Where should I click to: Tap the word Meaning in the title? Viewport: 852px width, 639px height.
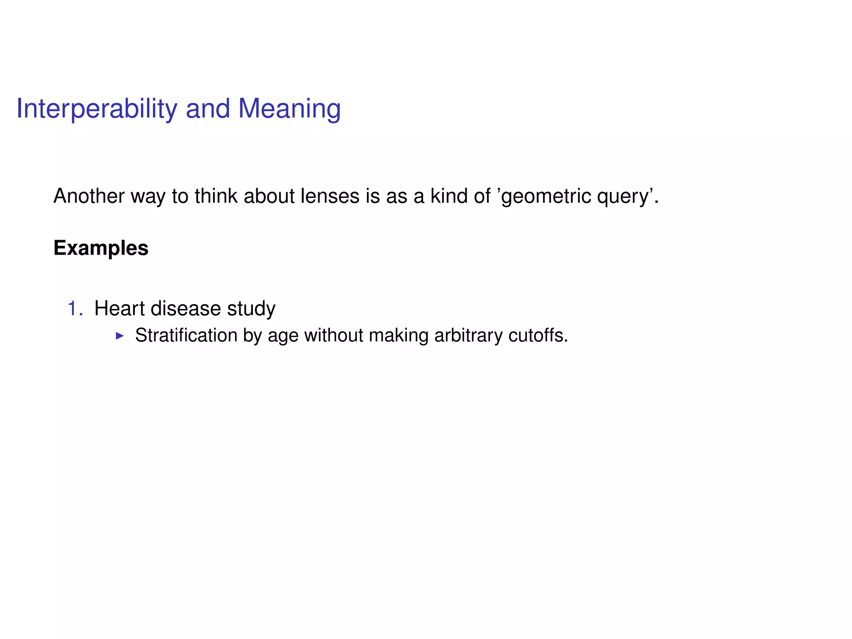tap(289, 109)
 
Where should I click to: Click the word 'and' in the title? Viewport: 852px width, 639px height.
tap(208, 109)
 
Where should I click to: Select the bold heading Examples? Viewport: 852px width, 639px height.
tap(101, 248)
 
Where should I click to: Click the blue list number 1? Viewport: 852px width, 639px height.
tap(73, 309)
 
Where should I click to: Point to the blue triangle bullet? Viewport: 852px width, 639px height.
tap(120, 336)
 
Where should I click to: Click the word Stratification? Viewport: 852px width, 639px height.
tap(186, 335)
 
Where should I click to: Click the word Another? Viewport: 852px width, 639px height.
tap(89, 196)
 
